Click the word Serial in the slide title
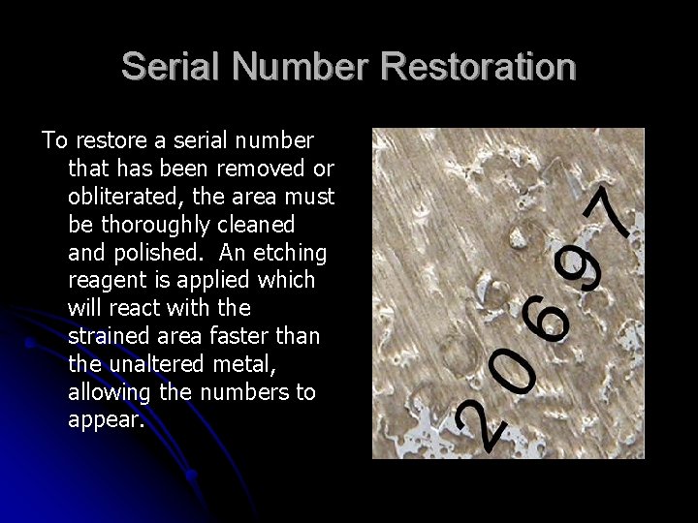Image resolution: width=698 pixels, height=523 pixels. pos(172,67)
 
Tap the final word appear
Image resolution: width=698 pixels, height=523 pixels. pos(107,421)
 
